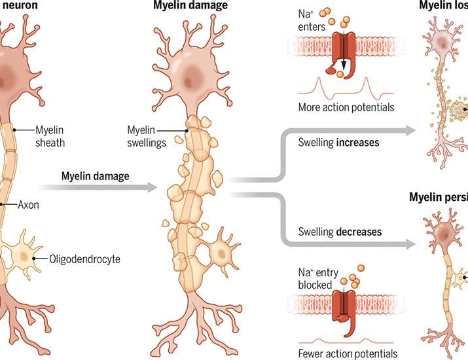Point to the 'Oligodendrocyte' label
coord(84,258)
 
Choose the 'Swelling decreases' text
coord(340,231)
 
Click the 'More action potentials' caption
coord(340,107)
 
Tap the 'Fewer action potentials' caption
coord(344,353)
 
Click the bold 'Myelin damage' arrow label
coord(95,176)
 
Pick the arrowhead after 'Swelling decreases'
coord(411,244)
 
